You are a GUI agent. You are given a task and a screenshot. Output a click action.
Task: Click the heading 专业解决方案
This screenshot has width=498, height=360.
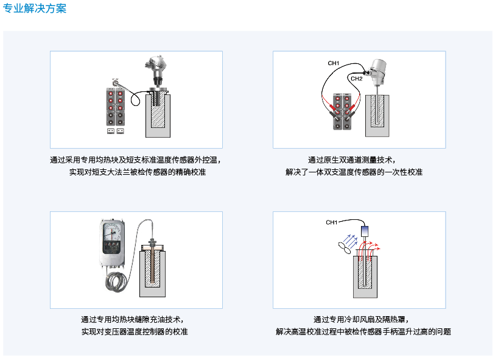point(35,9)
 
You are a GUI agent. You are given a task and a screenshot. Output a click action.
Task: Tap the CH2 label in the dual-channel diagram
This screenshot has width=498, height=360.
point(356,79)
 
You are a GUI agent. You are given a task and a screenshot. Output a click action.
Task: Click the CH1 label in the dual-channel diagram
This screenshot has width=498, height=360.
point(334,63)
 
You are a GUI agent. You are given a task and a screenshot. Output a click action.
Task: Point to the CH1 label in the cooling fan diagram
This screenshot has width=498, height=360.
point(332,222)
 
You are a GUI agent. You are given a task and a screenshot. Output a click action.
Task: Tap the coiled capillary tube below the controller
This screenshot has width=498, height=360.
point(116,281)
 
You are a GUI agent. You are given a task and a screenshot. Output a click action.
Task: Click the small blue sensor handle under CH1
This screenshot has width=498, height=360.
point(365,231)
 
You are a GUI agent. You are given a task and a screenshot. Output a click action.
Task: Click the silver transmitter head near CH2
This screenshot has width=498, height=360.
point(377,69)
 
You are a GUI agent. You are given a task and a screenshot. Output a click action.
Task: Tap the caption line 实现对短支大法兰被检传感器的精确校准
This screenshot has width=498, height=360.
point(138,172)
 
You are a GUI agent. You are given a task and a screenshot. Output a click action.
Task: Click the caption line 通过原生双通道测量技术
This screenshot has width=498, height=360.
point(352,160)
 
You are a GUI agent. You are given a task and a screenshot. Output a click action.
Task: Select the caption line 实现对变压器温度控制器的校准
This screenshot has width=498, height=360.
point(135,332)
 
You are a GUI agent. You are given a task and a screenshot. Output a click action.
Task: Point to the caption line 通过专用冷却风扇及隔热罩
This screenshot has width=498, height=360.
point(361,319)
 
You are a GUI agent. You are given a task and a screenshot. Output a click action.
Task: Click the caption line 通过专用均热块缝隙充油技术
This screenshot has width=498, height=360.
point(133,319)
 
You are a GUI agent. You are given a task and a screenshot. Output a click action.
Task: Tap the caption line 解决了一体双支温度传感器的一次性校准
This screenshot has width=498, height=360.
point(354,172)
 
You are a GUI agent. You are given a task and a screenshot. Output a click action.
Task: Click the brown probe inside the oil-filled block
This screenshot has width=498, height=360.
point(152,261)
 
